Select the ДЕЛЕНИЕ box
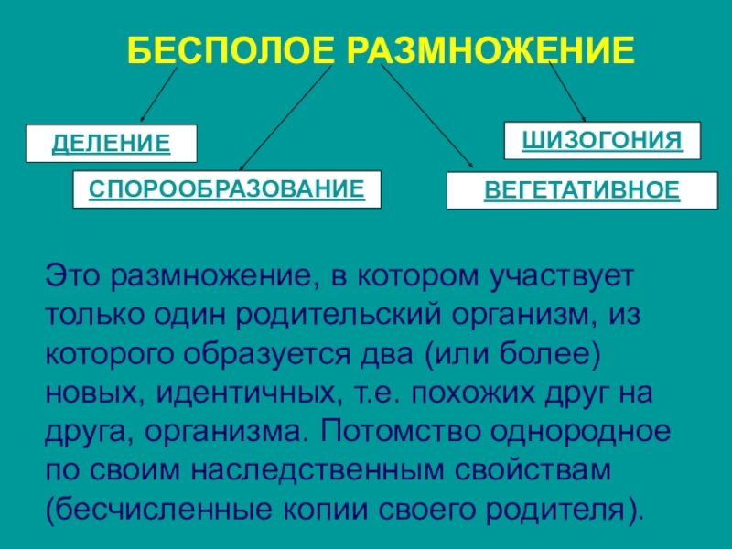(111, 144)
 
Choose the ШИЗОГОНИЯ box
(602, 141)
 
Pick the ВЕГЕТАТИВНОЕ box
(582, 190)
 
